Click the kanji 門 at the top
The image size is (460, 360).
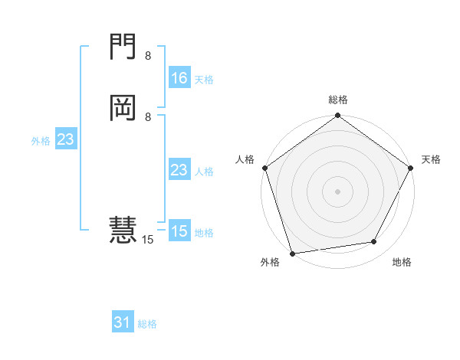point(123,48)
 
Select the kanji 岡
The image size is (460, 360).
point(123,109)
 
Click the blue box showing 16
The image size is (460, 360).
point(179,77)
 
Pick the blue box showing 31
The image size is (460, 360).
point(123,322)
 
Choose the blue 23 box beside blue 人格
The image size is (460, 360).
point(179,170)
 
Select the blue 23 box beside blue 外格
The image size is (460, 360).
point(65,139)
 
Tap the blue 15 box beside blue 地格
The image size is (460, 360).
point(179,231)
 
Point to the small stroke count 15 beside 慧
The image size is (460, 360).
point(148,240)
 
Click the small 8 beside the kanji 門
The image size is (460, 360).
point(148,56)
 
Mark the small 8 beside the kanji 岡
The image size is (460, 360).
point(148,117)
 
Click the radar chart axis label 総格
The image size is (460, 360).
point(337,100)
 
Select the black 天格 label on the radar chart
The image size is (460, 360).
point(431,159)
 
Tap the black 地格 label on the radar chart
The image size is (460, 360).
point(402,263)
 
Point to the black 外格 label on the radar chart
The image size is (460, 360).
point(270,263)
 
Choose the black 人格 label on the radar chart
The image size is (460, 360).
point(245,159)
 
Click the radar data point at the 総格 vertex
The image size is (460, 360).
point(337,116)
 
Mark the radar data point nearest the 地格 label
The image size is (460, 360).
point(374,242)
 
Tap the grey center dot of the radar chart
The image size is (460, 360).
point(337,191)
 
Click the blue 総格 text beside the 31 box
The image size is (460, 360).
point(147,324)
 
